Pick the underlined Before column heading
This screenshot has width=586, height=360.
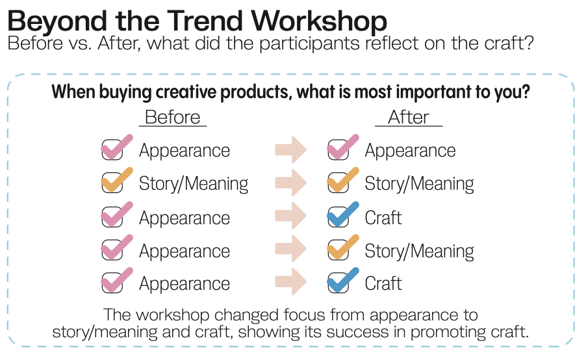(173, 118)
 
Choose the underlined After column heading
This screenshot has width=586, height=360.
(409, 118)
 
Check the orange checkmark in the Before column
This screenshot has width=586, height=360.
(117, 180)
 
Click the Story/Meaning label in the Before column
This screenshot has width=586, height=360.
(194, 184)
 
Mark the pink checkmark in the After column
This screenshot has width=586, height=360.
(343, 147)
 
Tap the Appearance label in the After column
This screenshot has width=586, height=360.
(410, 151)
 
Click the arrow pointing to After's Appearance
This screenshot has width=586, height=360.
(291, 149)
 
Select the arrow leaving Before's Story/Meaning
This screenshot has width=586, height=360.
(291, 183)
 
